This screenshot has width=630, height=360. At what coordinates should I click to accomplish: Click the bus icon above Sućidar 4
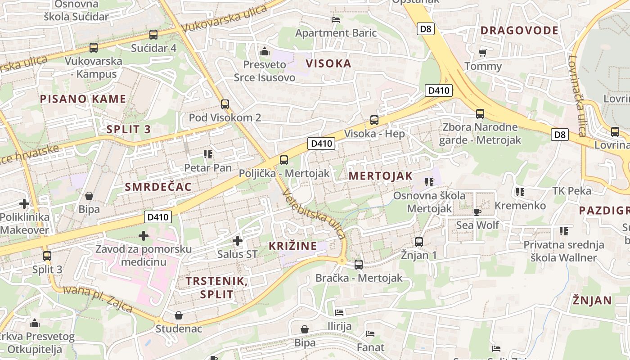(153, 35)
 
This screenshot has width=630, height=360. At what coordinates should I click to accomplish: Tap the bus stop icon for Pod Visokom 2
(225, 104)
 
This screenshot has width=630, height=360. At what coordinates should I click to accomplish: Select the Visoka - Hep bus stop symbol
(374, 120)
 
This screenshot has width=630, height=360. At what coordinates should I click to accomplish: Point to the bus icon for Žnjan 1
(419, 242)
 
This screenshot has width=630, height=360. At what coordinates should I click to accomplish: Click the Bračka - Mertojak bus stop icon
(359, 265)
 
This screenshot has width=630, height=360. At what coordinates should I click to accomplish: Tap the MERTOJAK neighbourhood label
(381, 176)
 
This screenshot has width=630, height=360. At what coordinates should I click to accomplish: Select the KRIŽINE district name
(292, 246)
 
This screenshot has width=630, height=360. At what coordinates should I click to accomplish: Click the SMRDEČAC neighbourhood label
(158, 187)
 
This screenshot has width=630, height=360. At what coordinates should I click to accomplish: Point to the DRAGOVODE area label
(519, 31)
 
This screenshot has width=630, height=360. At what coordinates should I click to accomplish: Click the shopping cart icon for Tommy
(483, 53)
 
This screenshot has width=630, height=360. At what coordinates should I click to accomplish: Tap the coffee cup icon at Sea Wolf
(477, 211)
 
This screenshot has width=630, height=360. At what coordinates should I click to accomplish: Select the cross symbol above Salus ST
(238, 241)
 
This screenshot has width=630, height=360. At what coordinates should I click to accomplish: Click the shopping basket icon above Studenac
(179, 315)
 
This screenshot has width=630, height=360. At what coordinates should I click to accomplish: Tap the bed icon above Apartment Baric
(336, 19)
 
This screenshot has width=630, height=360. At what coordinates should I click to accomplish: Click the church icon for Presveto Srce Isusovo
(265, 51)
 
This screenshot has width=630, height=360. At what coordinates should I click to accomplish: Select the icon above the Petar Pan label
(207, 154)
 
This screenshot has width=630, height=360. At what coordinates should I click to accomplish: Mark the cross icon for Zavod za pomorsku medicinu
(144, 235)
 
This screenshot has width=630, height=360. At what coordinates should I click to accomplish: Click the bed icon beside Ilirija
(339, 312)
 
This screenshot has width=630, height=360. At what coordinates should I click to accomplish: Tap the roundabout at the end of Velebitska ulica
(342, 261)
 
